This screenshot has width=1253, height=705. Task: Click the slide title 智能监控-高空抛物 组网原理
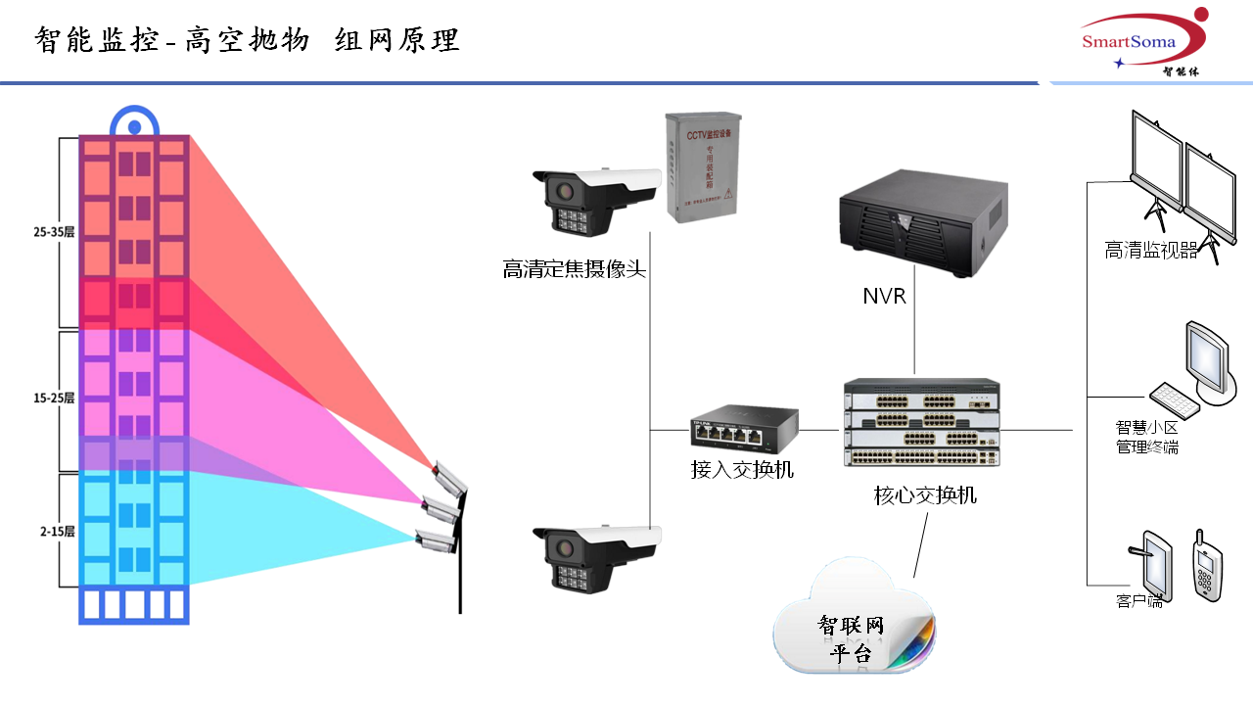click(247, 40)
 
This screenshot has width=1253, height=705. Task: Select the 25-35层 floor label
click(53, 232)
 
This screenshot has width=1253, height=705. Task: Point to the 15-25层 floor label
click(53, 399)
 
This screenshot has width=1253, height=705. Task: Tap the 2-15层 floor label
click(57, 531)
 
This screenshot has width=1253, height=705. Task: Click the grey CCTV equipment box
click(703, 166)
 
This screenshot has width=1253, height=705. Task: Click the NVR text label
click(884, 296)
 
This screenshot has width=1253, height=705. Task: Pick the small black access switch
click(743, 426)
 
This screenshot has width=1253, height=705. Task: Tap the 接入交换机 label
click(742, 470)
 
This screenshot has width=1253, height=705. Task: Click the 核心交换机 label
click(925, 495)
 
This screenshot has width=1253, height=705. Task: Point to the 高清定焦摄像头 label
click(575, 268)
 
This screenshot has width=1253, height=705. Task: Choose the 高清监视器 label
click(1151, 251)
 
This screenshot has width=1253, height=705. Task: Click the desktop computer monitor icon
click(1206, 357)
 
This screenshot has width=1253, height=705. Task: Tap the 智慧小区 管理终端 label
click(1147, 438)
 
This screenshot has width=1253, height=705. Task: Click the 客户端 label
click(1139, 601)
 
